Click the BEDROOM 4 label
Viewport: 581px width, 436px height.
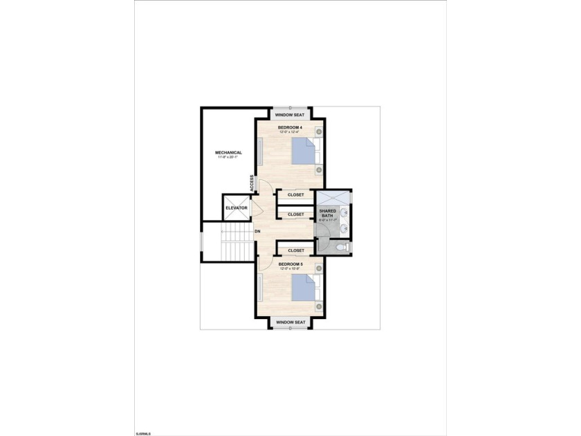290,127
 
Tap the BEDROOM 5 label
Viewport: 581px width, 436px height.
290,264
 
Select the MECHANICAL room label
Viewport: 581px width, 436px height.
228,152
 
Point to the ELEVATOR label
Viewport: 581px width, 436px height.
237,208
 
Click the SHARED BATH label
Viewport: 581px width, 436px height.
327,212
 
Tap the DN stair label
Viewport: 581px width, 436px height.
257,231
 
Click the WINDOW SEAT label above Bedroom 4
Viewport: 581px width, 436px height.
290,115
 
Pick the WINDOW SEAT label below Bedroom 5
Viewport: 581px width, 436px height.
290,323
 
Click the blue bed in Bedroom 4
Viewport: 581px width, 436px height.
302,150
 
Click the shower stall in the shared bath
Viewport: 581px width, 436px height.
333,197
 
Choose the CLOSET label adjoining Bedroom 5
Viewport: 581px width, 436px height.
296,251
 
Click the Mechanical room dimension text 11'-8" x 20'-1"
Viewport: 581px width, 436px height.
228,158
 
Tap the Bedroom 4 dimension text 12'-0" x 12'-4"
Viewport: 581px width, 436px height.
290,132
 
